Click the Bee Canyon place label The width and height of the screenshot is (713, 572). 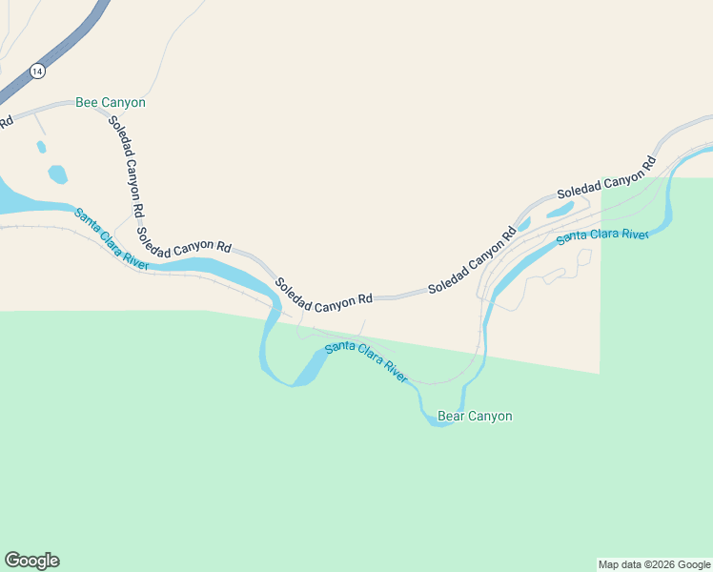pyautogui.click(x=111, y=102)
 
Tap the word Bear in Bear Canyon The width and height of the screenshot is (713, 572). pyautogui.click(x=453, y=417)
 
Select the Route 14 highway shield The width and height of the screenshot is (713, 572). pyautogui.click(x=36, y=71)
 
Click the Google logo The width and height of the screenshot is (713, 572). pyautogui.click(x=31, y=561)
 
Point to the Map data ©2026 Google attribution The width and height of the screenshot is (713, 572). pyautogui.click(x=655, y=564)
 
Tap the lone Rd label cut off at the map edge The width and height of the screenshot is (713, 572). pyautogui.click(x=6, y=121)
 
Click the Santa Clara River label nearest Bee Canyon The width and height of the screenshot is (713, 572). pyautogui.click(x=112, y=239)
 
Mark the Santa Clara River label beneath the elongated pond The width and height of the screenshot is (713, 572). pyautogui.click(x=602, y=235)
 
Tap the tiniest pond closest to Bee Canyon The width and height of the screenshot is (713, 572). pyautogui.click(x=41, y=148)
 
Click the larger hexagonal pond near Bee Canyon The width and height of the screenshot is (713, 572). pyautogui.click(x=58, y=174)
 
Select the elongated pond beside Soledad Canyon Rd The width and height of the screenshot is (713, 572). pyautogui.click(x=560, y=209)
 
